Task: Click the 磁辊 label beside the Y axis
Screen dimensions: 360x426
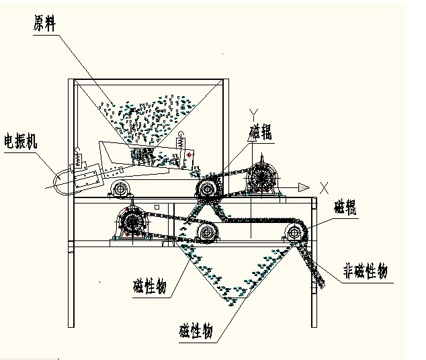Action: click(261, 132)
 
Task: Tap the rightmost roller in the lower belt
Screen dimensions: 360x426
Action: click(294, 233)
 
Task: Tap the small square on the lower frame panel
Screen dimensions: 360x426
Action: click(157, 207)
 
